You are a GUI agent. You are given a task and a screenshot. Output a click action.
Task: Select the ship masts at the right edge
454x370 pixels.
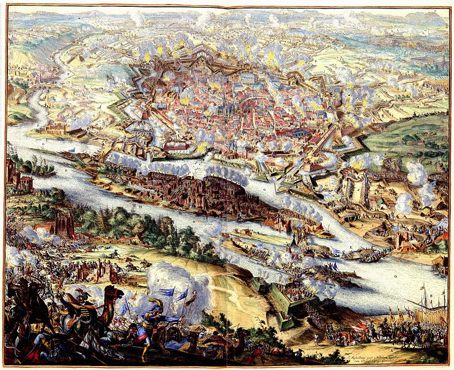(x=431, y=306)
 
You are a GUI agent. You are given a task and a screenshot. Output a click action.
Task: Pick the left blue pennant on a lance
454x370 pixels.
(x=169, y=293)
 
